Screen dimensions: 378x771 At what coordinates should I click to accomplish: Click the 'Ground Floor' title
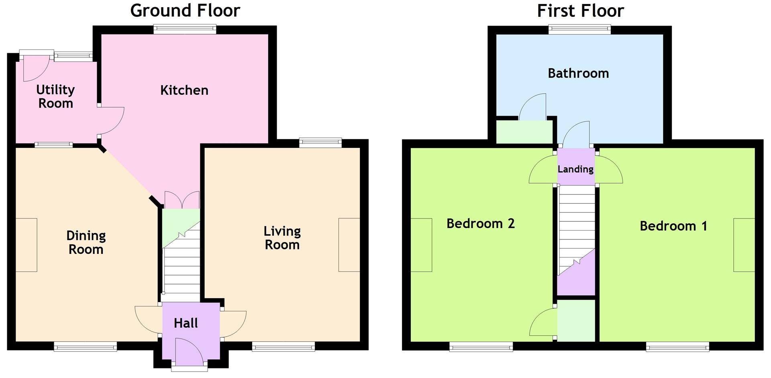pyautogui.click(x=185, y=11)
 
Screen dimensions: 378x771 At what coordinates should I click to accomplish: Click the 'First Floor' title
pyautogui.click(x=580, y=11)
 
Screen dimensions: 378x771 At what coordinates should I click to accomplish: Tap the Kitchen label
pyautogui.click(x=184, y=90)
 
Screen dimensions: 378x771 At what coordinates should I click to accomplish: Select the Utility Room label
pyautogui.click(x=55, y=96)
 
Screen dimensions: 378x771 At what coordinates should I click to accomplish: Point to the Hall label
pyautogui.click(x=186, y=323)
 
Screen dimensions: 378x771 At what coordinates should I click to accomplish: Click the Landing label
pyautogui.click(x=575, y=169)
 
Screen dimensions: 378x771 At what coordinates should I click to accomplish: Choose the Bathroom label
pyautogui.click(x=578, y=73)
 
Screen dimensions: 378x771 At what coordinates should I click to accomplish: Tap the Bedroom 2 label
pyautogui.click(x=480, y=223)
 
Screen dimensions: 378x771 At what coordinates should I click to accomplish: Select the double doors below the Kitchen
pyautogui.click(x=182, y=200)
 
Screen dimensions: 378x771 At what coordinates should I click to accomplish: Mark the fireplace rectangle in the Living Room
pyautogui.click(x=349, y=245)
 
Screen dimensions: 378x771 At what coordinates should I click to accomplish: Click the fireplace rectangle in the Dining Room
pyautogui.click(x=27, y=245)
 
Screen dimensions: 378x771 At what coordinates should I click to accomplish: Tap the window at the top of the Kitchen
pyautogui.click(x=185, y=29)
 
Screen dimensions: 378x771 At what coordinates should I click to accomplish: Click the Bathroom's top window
pyautogui.click(x=580, y=29)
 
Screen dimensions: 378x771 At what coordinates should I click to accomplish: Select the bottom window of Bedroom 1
pyautogui.click(x=677, y=346)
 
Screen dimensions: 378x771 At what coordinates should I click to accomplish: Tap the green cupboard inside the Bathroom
pyautogui.click(x=524, y=132)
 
